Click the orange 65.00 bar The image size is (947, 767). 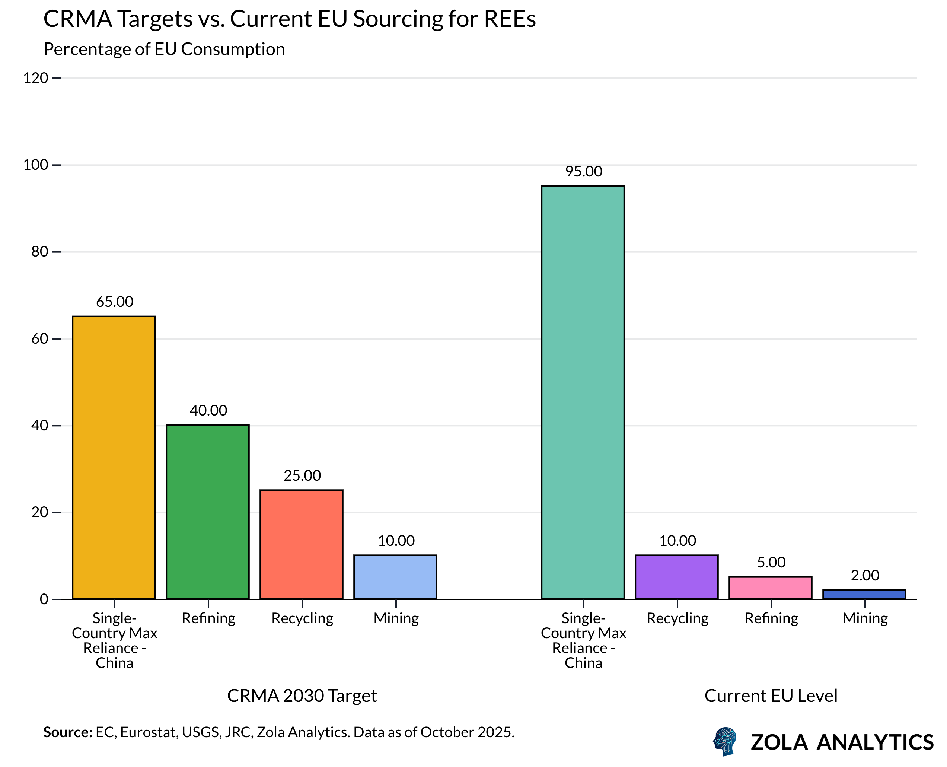pyautogui.click(x=114, y=457)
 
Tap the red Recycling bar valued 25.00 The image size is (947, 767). pyautogui.click(x=301, y=544)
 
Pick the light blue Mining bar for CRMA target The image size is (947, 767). pyautogui.click(x=395, y=577)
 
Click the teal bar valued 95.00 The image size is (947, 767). pyautogui.click(x=582, y=392)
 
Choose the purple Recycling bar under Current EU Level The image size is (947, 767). pyautogui.click(x=676, y=577)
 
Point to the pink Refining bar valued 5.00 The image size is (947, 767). pyautogui.click(x=770, y=588)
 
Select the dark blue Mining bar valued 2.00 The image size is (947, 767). pyautogui.click(x=864, y=595)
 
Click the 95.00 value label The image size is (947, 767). pyautogui.click(x=583, y=171)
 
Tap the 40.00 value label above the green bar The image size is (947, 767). pyautogui.click(x=208, y=410)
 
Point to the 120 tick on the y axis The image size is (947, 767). pyautogui.click(x=35, y=78)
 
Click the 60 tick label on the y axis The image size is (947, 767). pyautogui.click(x=39, y=339)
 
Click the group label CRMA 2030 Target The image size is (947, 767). pyautogui.click(x=302, y=696)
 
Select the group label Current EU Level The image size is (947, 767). pyautogui.click(x=770, y=696)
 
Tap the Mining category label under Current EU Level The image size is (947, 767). pyautogui.click(x=864, y=618)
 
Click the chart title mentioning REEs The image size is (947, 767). pyautogui.click(x=289, y=19)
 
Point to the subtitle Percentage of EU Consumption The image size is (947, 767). pyautogui.click(x=164, y=49)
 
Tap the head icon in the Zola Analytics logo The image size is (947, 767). pyautogui.click(x=725, y=742)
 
